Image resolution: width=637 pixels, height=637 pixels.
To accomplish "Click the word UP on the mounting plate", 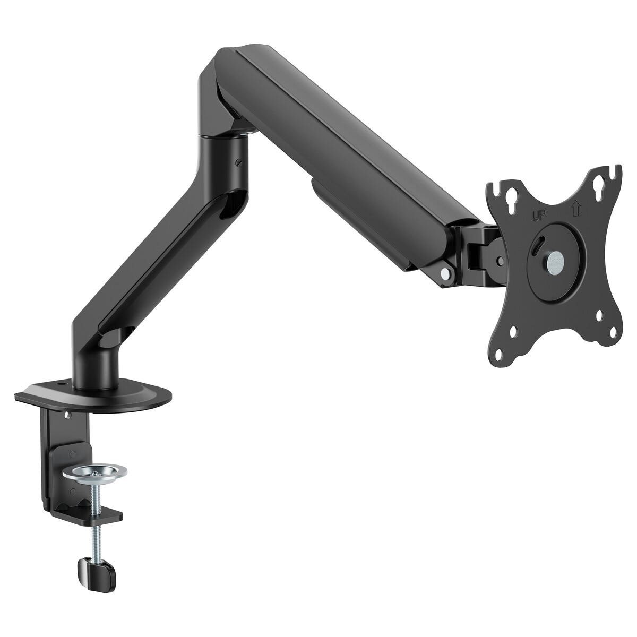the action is pyautogui.click(x=538, y=216).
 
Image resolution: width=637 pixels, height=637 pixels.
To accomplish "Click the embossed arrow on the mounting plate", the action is pyautogui.click(x=575, y=209).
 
